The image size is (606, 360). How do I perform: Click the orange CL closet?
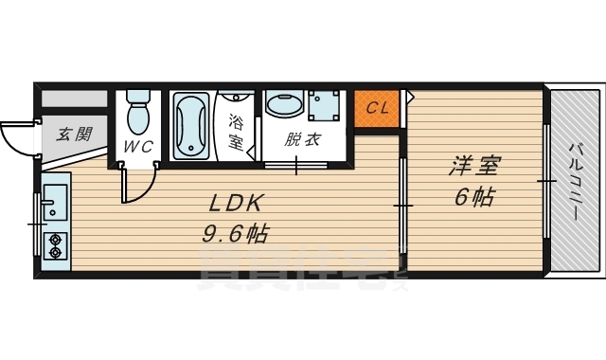pos(378,107)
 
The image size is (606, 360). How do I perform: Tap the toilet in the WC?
pos(139,115)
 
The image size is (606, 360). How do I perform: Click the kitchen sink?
pos(53,202)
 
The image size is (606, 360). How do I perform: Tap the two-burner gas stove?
pos(54,245)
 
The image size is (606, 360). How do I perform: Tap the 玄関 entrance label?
pos(73,135)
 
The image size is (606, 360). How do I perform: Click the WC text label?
pos(139,148)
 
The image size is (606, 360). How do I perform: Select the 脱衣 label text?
pos(305,139)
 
